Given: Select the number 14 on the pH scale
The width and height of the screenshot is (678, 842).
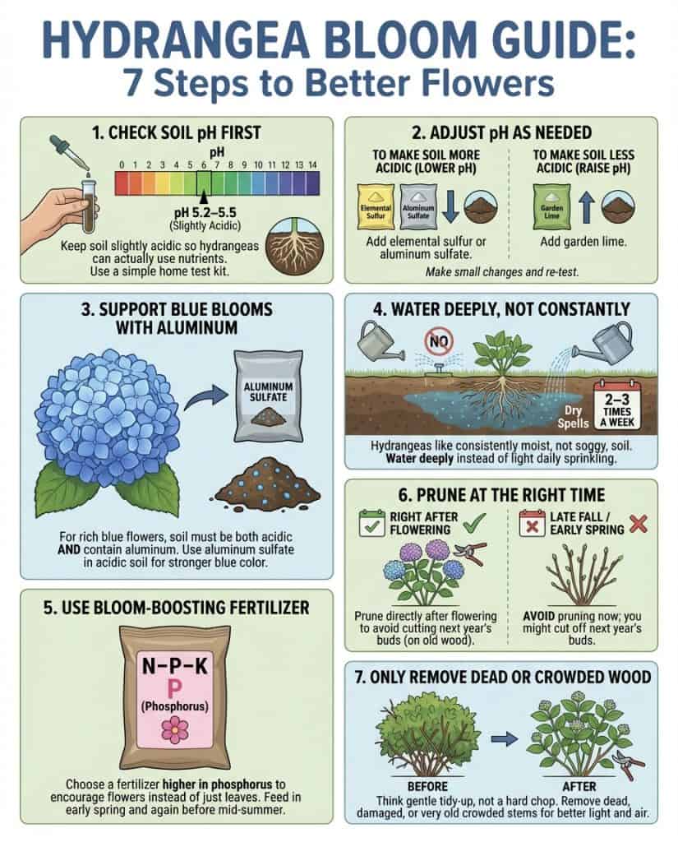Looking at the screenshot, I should (x=311, y=165).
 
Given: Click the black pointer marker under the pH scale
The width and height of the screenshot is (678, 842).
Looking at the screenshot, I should (x=202, y=197).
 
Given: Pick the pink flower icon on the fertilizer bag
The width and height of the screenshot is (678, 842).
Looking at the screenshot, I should (x=174, y=729).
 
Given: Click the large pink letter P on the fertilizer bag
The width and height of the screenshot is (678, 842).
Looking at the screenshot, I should (x=173, y=684).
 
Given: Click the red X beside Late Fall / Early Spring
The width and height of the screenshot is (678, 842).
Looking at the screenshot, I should (x=637, y=521).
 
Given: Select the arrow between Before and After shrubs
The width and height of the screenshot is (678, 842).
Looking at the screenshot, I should (x=510, y=738).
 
